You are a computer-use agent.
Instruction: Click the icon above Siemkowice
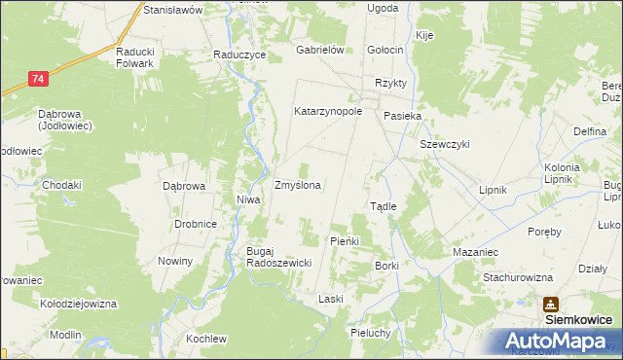[552, 304]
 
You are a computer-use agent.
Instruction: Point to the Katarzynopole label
[328, 111]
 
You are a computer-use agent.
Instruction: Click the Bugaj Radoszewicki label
[277, 257]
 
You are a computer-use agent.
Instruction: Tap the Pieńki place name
[346, 240]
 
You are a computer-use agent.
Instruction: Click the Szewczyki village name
[445, 144]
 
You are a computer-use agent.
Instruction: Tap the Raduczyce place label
[239, 55]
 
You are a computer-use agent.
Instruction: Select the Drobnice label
[195, 224]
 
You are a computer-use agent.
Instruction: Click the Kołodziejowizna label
[78, 304]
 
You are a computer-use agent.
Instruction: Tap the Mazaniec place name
[475, 252]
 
